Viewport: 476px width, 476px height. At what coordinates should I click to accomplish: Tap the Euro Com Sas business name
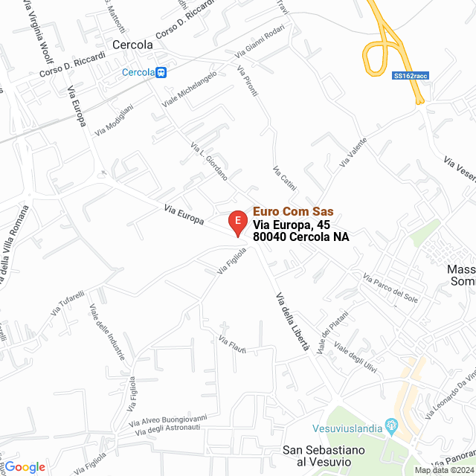click(293, 211)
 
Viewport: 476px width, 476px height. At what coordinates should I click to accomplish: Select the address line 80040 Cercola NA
click(300, 237)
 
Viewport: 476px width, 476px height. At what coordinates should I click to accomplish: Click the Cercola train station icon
click(161, 72)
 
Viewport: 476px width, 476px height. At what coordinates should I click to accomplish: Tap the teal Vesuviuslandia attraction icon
click(393, 426)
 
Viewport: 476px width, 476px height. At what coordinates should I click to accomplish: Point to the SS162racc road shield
click(411, 75)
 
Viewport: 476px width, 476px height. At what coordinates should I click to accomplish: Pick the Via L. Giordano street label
click(209, 161)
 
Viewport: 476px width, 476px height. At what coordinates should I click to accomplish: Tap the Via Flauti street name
click(232, 344)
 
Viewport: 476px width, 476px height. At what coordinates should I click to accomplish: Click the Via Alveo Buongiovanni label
click(171, 422)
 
